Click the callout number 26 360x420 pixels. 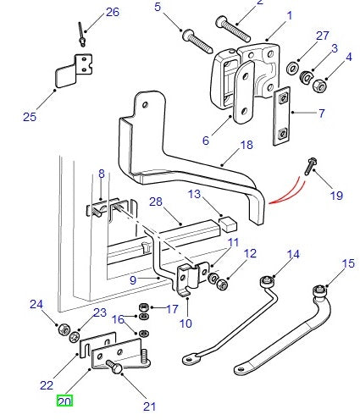[x=113, y=12]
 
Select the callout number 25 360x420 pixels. [x=30, y=116]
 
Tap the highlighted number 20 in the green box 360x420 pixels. [x=64, y=401]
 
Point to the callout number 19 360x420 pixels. [x=336, y=196]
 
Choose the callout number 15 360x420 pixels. [x=346, y=265]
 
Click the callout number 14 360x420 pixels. [x=293, y=254]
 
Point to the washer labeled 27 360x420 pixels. [x=292, y=66]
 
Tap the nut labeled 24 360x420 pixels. [x=64, y=329]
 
